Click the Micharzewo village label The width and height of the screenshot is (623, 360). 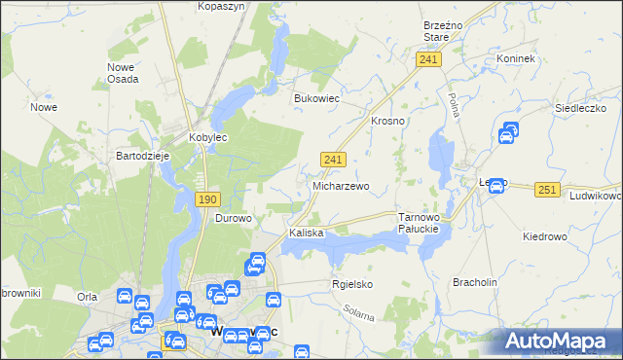click(x=340, y=185)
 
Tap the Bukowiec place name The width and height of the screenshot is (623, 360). click(x=315, y=98)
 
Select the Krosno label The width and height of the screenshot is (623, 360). click(x=387, y=121)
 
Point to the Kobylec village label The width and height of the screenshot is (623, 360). click(x=207, y=138)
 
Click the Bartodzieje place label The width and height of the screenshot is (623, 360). click(x=143, y=156)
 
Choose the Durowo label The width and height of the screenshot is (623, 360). click(x=233, y=218)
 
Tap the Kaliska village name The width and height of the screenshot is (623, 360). click(x=306, y=234)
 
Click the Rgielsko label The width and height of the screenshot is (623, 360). click(x=352, y=284)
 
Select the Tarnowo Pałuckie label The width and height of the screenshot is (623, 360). click(x=421, y=223)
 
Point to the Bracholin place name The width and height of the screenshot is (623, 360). click(x=475, y=282)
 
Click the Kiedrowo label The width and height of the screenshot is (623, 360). click(x=544, y=236)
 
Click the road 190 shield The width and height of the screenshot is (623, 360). click(x=206, y=198)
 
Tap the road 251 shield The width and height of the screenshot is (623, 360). click(x=547, y=190)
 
